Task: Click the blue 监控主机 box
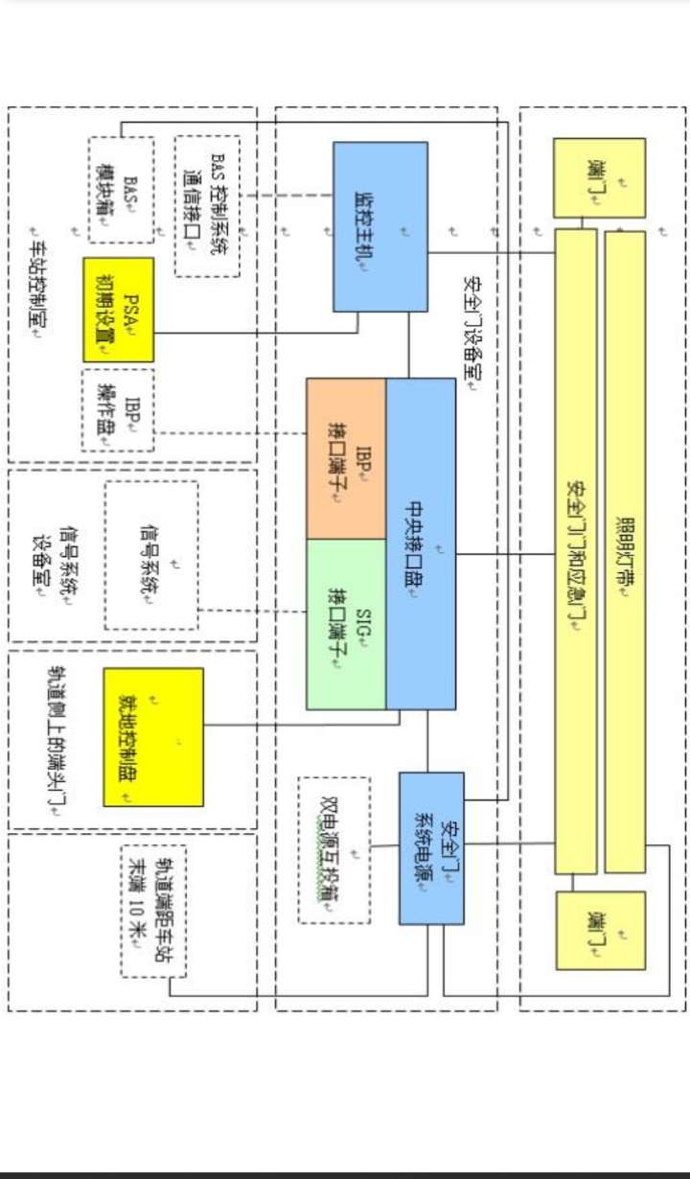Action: [x=380, y=226]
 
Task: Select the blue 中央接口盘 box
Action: [x=421, y=543]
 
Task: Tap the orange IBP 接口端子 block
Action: [x=346, y=458]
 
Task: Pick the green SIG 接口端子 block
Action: [x=346, y=623]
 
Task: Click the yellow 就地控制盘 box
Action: [x=153, y=736]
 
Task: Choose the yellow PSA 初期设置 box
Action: [x=119, y=310]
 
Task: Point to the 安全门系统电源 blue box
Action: [x=431, y=847]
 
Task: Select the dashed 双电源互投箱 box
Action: [x=333, y=849]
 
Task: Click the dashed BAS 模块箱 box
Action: [x=121, y=189]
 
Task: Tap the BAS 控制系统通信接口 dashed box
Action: [x=207, y=206]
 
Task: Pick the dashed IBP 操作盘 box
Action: [x=118, y=409]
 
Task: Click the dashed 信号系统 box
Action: [x=151, y=555]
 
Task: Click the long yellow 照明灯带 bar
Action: [x=625, y=551]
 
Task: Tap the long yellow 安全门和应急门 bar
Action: [x=575, y=551]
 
